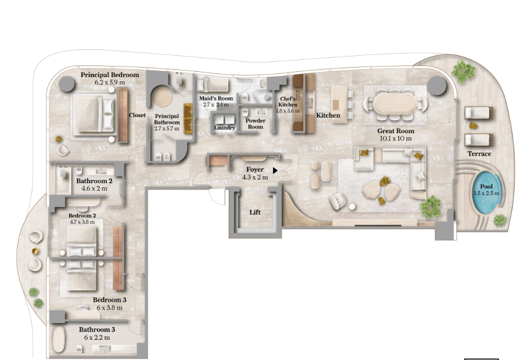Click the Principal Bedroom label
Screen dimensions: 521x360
coord(110,75)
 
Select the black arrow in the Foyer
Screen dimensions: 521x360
coord(275,171)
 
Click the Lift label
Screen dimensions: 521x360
coord(255,212)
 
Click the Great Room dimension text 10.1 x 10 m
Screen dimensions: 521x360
coord(395,138)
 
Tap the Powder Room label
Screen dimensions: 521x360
coord(255,124)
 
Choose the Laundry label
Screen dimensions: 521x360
coord(224,127)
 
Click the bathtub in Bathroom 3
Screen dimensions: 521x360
coord(59,339)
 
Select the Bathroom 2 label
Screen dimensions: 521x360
coord(94,181)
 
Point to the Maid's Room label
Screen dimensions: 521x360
coord(216,98)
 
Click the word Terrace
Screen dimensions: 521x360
coord(479,154)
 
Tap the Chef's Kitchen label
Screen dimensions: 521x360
coord(288,102)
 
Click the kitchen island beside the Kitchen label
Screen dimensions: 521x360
coord(339,105)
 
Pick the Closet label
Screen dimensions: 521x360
coord(137,115)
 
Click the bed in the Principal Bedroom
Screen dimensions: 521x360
coord(94,114)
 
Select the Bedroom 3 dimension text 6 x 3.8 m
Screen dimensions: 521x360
coord(109,308)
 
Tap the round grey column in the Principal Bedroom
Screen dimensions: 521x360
coord(67,84)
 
